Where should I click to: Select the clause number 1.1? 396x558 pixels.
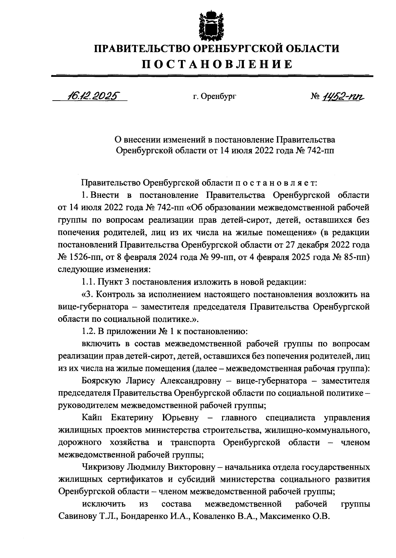click(88, 282)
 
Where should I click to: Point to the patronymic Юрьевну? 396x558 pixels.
click(181, 418)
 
